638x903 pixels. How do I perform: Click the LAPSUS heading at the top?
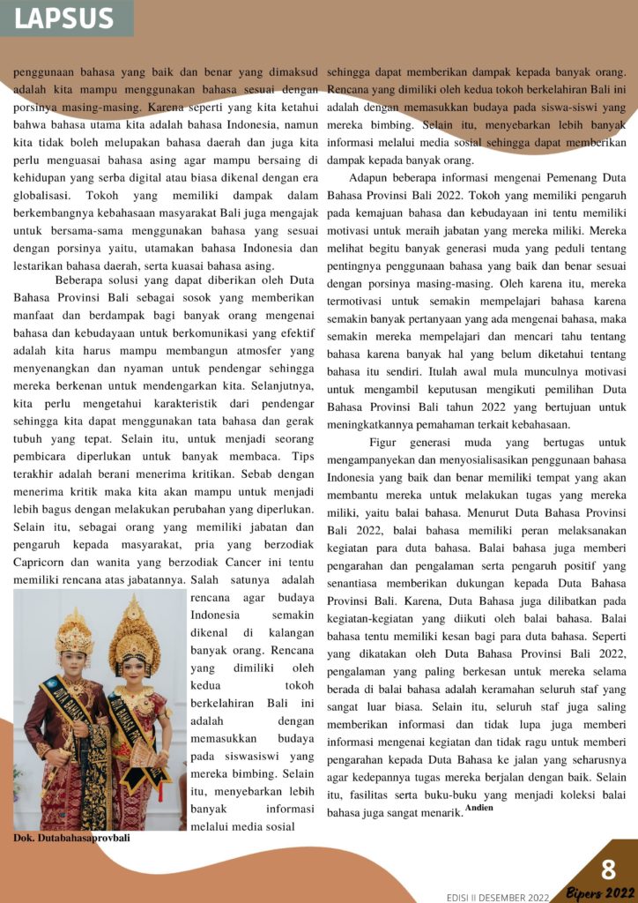point(64,19)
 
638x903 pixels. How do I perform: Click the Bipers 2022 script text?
point(601,892)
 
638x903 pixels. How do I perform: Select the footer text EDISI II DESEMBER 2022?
point(498,897)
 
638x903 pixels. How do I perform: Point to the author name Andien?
point(480,807)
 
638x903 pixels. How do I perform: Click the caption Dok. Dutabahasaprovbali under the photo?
point(70,838)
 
